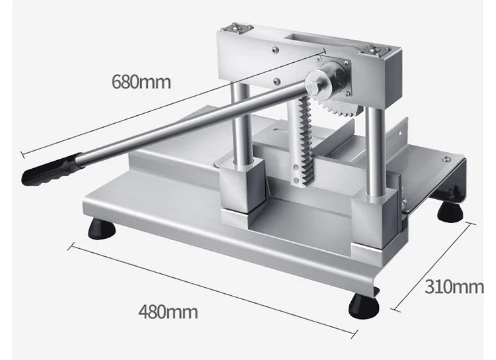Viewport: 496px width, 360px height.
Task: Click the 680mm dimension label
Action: [141, 81]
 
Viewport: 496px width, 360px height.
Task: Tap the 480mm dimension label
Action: [168, 312]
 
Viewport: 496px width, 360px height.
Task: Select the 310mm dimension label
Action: [454, 287]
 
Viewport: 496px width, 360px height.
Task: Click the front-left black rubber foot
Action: [101, 228]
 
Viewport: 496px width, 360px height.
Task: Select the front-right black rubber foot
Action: [364, 306]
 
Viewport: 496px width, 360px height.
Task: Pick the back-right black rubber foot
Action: [450, 212]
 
